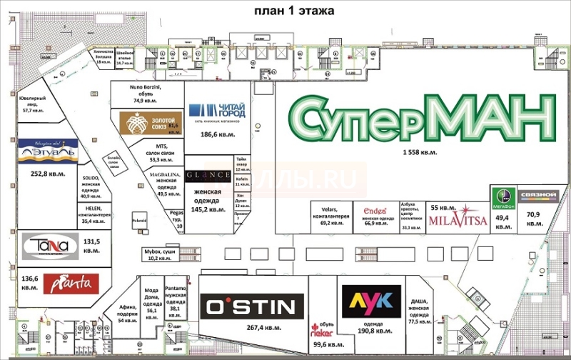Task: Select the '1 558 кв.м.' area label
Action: (x=419, y=153)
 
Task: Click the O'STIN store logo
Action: (x=249, y=307)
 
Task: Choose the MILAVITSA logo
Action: (x=458, y=220)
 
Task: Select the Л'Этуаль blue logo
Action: (x=47, y=151)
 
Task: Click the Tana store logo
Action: (x=44, y=247)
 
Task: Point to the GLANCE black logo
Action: (x=208, y=176)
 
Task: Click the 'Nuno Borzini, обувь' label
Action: (x=147, y=93)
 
